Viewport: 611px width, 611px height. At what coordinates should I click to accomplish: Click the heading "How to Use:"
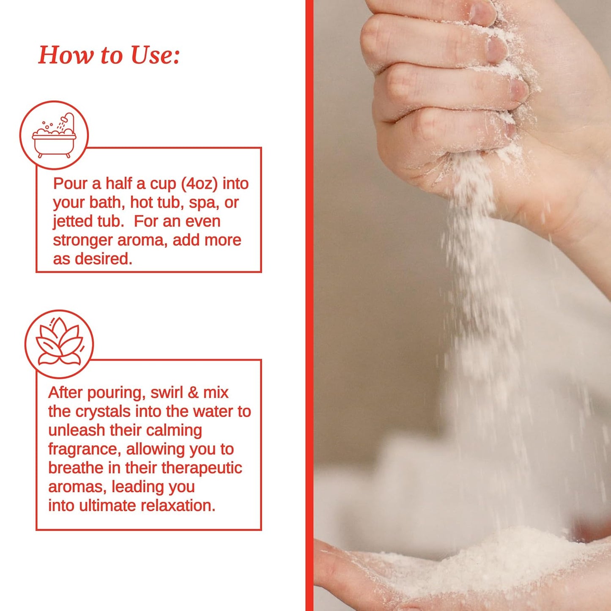point(109,55)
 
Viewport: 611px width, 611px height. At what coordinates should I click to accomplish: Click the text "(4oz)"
point(200,184)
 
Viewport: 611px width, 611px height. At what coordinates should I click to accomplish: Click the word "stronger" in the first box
point(82,241)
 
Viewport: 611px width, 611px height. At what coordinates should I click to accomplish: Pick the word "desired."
point(103,259)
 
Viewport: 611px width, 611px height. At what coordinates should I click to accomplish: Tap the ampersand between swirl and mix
point(193,393)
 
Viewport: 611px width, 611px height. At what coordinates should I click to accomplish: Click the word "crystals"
point(103,412)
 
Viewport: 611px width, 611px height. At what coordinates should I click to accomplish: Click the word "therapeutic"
point(202,469)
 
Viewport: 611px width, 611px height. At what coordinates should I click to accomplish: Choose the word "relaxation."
point(178,506)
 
